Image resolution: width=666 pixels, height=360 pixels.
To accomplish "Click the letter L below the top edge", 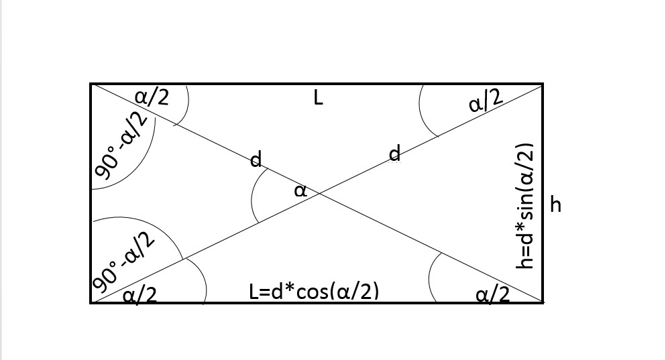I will pyautogui.click(x=318, y=99).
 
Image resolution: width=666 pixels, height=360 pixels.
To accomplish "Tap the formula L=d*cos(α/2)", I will pyautogui.click(x=314, y=292).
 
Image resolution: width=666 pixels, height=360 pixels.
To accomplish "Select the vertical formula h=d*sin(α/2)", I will pyautogui.click(x=525, y=205).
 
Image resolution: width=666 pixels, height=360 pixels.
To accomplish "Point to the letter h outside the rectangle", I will pyautogui.click(x=555, y=204).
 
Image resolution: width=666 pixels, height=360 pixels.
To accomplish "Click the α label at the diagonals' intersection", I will pyautogui.click(x=300, y=190).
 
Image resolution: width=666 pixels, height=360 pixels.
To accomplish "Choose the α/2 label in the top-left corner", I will pyautogui.click(x=152, y=97).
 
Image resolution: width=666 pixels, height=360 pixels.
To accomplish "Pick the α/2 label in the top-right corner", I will pyautogui.click(x=486, y=102).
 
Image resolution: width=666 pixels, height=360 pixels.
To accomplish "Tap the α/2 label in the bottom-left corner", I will pyautogui.click(x=140, y=294).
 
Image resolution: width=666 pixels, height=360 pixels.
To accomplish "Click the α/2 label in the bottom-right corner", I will pyautogui.click(x=492, y=294).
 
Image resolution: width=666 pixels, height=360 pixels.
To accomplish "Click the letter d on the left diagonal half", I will pyautogui.click(x=256, y=160).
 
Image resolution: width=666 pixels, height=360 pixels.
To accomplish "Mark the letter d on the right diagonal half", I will pyautogui.click(x=395, y=154).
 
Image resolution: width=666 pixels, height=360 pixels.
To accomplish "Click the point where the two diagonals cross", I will pyautogui.click(x=317, y=194).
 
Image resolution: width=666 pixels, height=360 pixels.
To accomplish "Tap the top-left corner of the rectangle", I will pyautogui.click(x=91, y=84).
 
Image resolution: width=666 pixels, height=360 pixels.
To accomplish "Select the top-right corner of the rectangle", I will pyautogui.click(x=542, y=84).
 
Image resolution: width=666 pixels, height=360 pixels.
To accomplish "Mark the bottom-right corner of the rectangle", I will pyautogui.click(x=542, y=303).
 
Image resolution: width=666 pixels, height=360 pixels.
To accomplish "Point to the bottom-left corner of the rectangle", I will pyautogui.click(x=91, y=303).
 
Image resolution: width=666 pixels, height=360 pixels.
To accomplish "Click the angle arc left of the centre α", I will pyautogui.click(x=253, y=194).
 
